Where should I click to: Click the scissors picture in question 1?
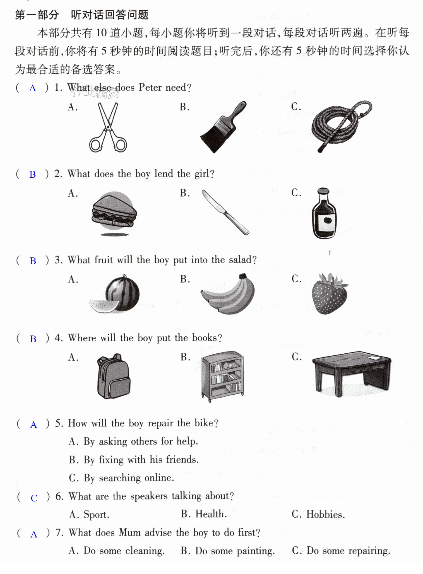(x=108, y=127)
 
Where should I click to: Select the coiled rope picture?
(x=342, y=126)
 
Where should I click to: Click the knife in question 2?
(x=225, y=212)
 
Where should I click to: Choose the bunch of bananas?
(x=228, y=294)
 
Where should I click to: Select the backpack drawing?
(x=113, y=376)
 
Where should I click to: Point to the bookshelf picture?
(x=222, y=376)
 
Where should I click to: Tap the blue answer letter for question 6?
(x=34, y=498)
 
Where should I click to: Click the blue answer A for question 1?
(x=33, y=88)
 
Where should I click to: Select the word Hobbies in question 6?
(x=325, y=514)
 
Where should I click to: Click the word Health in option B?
(x=211, y=514)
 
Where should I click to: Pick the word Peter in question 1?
(x=150, y=87)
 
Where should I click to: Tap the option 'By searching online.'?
(x=121, y=478)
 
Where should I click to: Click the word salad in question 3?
(x=240, y=260)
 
